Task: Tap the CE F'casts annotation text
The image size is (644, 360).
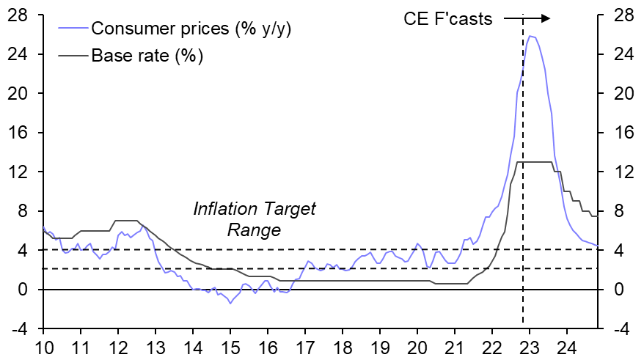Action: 448,19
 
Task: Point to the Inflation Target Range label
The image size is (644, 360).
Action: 254,219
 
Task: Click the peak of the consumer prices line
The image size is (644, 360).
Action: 530,36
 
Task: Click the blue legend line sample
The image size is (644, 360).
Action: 71,29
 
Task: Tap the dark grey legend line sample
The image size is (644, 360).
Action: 71,55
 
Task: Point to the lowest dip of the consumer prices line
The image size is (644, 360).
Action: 230,303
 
